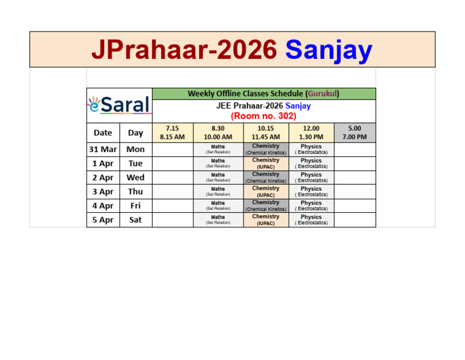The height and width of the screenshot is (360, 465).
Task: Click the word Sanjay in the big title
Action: point(329,50)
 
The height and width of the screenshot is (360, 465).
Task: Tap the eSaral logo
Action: point(119,105)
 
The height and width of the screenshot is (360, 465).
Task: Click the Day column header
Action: point(136,132)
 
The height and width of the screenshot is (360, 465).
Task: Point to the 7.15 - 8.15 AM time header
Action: point(173,132)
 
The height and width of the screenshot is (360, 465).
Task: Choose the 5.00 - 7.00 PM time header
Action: point(355,132)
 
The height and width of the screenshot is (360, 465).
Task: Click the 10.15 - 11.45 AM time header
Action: point(266,132)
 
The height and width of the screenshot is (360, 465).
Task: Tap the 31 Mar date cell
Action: point(102,149)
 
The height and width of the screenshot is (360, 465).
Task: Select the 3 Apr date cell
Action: point(102,192)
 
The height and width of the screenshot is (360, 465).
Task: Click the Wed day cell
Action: point(136,178)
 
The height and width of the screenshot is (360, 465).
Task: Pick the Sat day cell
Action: point(136,220)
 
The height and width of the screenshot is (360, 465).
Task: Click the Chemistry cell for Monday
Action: point(266,149)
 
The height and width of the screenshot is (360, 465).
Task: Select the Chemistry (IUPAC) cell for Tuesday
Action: point(266,163)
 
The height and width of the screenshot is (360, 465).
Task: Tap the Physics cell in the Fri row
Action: point(311,205)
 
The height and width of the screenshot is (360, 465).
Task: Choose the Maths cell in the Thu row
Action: point(218,192)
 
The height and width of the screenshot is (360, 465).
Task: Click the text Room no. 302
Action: point(263,115)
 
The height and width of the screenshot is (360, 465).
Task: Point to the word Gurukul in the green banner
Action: point(322,93)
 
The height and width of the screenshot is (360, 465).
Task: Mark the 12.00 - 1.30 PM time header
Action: point(311,132)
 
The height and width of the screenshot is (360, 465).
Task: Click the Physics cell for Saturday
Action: point(311,220)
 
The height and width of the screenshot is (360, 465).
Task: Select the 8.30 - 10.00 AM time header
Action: point(218,132)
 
